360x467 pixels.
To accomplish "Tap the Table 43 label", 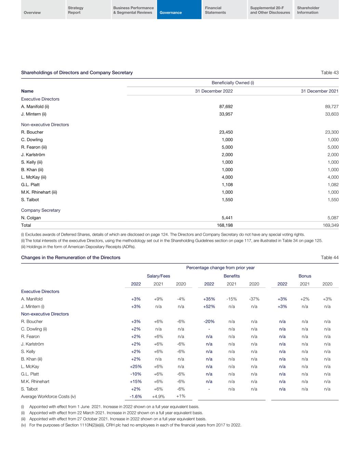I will click(x=330, y=73).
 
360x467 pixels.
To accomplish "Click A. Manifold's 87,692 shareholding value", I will click(x=226, y=106).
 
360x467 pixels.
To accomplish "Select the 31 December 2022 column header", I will click(x=214, y=91).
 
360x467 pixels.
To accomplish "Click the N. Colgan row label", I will click(x=31, y=218).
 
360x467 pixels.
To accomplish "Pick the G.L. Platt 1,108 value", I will click(x=227, y=185).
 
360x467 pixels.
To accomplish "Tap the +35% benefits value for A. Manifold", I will click(x=209, y=299).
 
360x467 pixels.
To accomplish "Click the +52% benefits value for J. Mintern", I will click(x=209, y=307).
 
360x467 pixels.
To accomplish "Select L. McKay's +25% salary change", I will click(x=136, y=366).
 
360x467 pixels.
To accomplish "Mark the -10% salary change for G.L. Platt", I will click(x=136, y=374).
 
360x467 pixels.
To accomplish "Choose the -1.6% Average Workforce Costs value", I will click(x=136, y=397).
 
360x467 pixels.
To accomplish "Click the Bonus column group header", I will click(x=305, y=276).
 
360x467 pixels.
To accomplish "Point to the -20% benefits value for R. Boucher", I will click(x=209, y=322).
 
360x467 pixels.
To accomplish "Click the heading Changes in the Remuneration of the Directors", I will click(x=71, y=258).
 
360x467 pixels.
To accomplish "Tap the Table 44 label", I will click(x=330, y=258).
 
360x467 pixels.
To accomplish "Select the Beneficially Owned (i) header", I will click(x=232, y=83).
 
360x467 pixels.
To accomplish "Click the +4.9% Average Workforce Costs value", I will click(x=158, y=397).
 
